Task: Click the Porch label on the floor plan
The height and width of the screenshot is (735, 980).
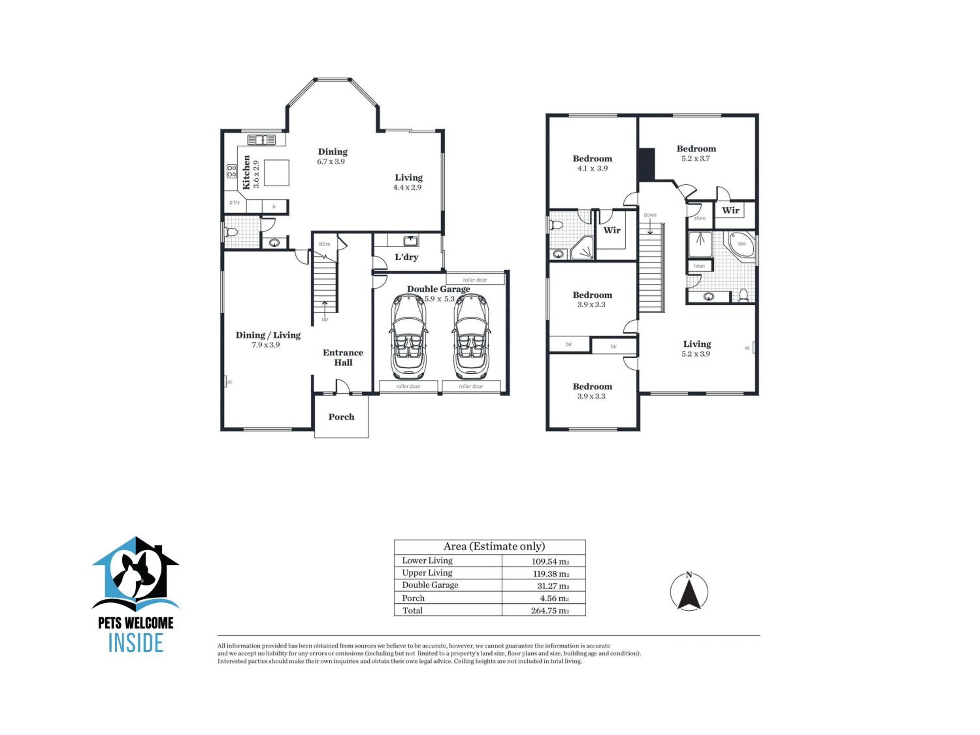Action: click(x=341, y=417)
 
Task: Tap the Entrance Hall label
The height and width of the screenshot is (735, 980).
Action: click(x=343, y=357)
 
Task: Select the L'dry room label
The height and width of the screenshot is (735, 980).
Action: click(x=406, y=257)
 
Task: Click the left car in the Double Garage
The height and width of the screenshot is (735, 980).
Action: click(x=408, y=337)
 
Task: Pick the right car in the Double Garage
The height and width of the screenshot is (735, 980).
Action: click(x=471, y=337)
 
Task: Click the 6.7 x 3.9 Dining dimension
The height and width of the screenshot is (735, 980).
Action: click(x=331, y=162)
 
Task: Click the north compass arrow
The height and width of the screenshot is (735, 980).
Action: click(x=689, y=595)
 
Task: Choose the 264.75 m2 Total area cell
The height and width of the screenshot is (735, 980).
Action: click(x=550, y=611)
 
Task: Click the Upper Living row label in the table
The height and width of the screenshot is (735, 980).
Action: click(x=427, y=573)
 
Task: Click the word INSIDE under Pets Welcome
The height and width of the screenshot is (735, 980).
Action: click(x=136, y=643)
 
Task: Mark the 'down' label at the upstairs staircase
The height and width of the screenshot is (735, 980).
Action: click(x=650, y=215)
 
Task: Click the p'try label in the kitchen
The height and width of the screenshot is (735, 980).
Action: click(x=234, y=203)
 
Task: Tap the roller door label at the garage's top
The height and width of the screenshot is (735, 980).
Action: click(x=475, y=280)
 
